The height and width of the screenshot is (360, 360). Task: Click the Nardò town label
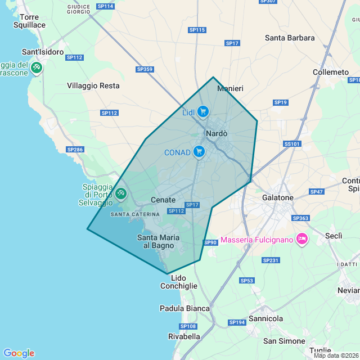point(217,134)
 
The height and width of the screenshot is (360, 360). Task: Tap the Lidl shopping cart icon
point(203,112)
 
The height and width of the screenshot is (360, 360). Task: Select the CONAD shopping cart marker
point(199,152)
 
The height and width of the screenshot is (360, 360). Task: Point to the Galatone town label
point(278,198)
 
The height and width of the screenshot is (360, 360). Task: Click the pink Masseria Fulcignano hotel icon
point(301,239)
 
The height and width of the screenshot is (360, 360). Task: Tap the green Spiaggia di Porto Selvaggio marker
point(120,194)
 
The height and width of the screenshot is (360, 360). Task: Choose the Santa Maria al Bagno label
point(159,241)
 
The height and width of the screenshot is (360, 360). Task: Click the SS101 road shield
point(292,144)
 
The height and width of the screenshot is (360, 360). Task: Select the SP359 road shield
point(145,69)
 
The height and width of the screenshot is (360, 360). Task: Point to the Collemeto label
point(331,73)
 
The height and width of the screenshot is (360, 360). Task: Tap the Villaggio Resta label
point(93,85)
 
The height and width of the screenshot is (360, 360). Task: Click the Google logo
point(19,353)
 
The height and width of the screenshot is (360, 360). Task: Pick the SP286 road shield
point(75,150)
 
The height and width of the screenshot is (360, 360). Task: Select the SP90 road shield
point(210,242)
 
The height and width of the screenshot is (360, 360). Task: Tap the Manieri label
point(230,89)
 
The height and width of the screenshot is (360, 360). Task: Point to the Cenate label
point(163,200)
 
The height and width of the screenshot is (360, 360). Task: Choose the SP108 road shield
point(188,326)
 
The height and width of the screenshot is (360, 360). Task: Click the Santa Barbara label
point(290,38)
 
